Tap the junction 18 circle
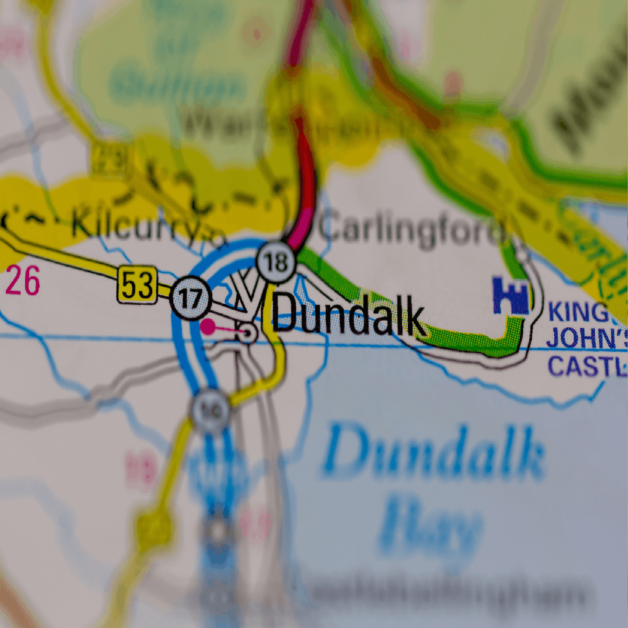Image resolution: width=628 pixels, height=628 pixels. (x=276, y=262)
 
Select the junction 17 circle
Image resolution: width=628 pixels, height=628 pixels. (x=191, y=298)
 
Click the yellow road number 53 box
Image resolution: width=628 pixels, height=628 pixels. (x=137, y=285)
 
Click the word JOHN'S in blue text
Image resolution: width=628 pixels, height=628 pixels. (x=586, y=338)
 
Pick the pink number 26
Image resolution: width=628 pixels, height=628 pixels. (x=23, y=281)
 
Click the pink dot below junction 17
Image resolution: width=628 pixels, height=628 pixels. (x=208, y=327)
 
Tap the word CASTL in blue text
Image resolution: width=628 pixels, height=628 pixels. (x=586, y=366)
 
